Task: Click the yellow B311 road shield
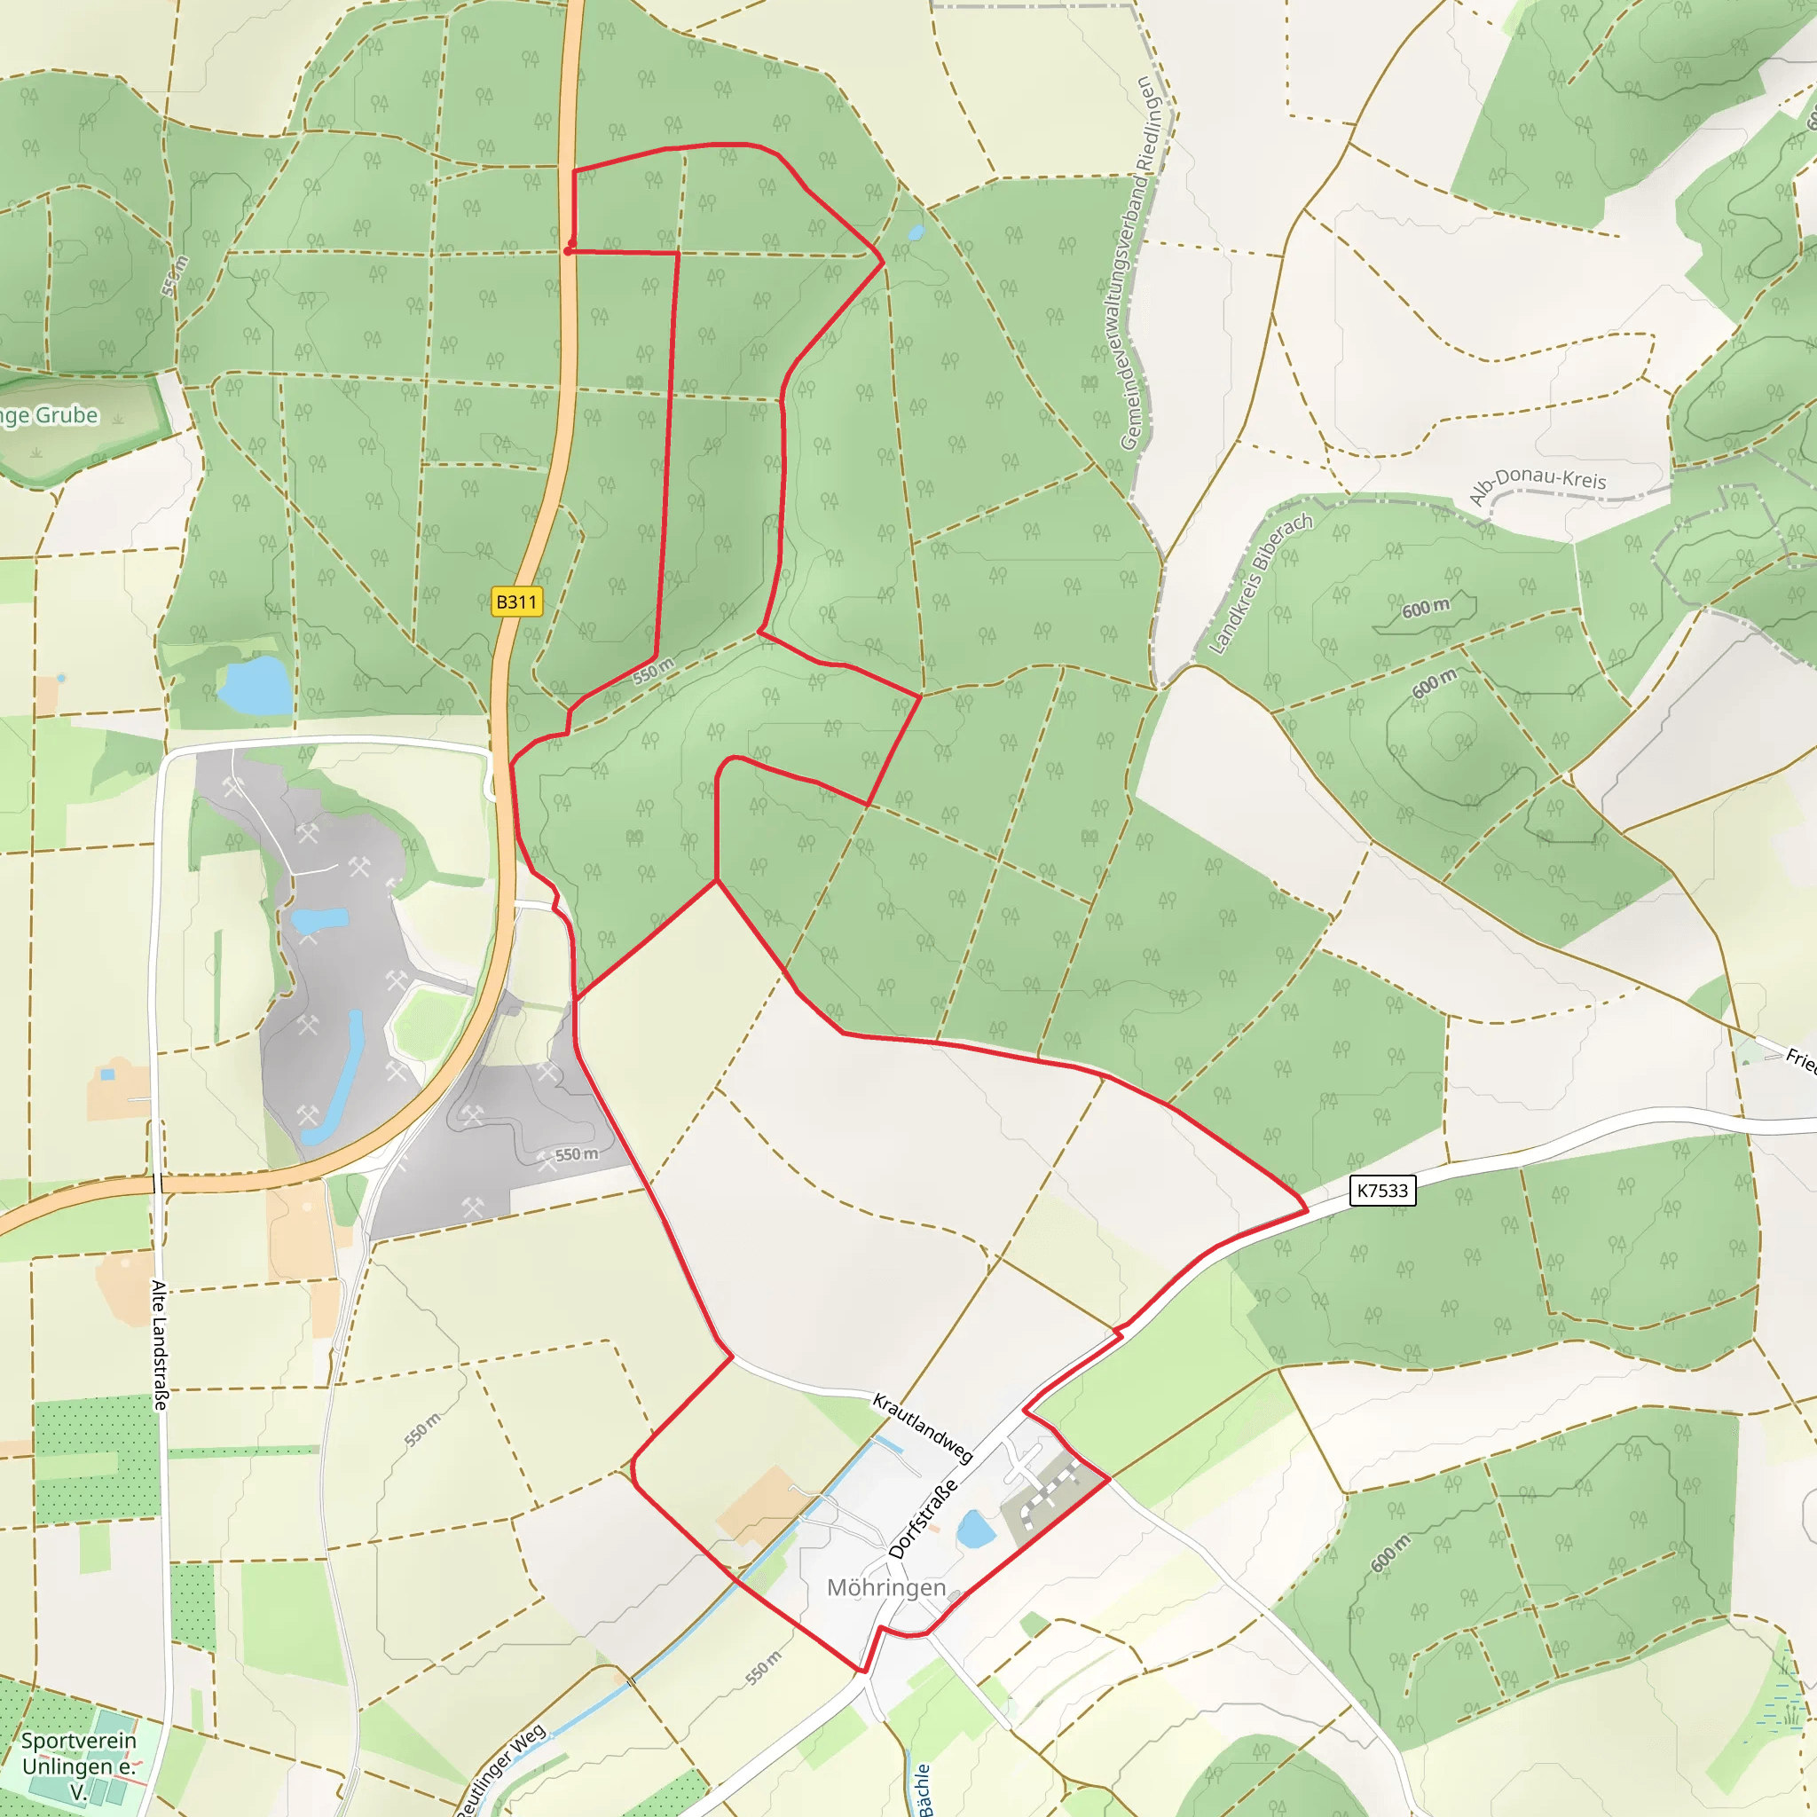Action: click(516, 602)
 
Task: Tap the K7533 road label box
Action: click(1381, 1191)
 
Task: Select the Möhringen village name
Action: click(886, 1587)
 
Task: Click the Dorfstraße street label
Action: click(923, 1519)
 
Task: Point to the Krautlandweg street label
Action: click(922, 1428)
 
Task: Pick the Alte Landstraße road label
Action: click(160, 1345)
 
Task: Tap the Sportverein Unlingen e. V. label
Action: click(79, 1766)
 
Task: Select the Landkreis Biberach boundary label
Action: click(1259, 584)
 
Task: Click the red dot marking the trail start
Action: click(568, 251)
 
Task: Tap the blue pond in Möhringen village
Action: click(975, 1530)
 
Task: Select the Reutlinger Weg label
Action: click(502, 1769)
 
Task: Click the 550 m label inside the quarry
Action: click(576, 1154)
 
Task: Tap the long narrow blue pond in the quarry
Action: click(340, 1072)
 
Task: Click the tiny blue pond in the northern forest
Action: click(914, 232)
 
